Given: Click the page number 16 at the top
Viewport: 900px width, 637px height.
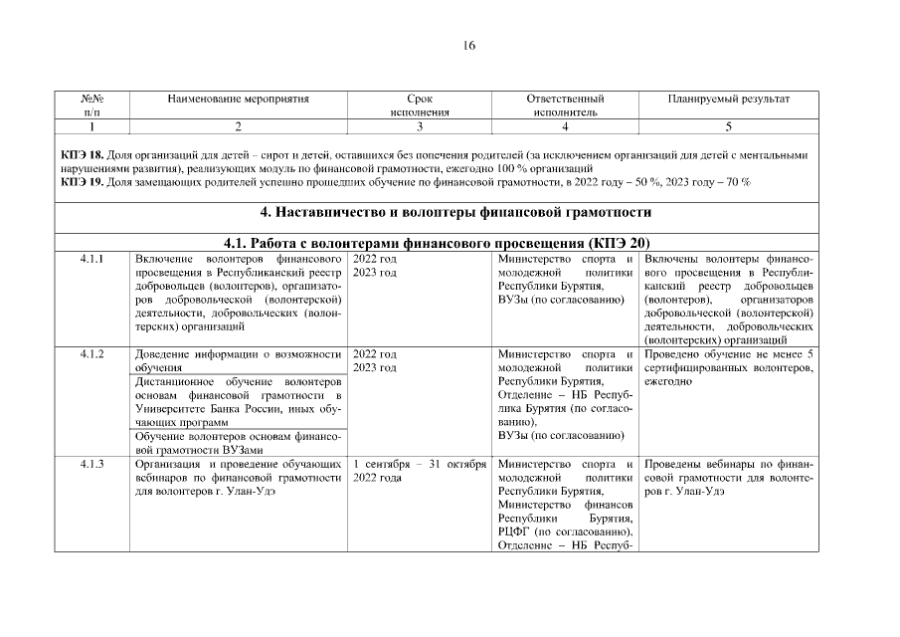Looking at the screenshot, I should [469, 45].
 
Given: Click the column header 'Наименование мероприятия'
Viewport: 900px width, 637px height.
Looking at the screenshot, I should [239, 100].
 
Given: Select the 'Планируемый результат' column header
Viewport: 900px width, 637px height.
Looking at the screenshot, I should [729, 100].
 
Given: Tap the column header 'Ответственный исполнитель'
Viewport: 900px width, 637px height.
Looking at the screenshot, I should [565, 106].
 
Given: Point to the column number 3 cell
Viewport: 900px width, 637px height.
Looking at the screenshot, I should [420, 126].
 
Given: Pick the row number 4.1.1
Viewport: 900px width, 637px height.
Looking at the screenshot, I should [91, 259].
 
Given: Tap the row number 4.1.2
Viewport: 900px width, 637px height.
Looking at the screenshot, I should [91, 354].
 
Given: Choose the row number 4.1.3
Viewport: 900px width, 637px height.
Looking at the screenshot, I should [91, 465].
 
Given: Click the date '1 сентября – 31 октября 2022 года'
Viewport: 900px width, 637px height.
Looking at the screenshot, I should [419, 471].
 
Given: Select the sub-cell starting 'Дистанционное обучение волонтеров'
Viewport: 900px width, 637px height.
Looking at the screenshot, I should [239, 402].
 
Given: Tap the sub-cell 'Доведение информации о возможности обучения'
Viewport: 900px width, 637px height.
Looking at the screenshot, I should [239, 360].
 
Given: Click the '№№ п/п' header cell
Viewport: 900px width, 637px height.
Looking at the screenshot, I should [91, 106].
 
